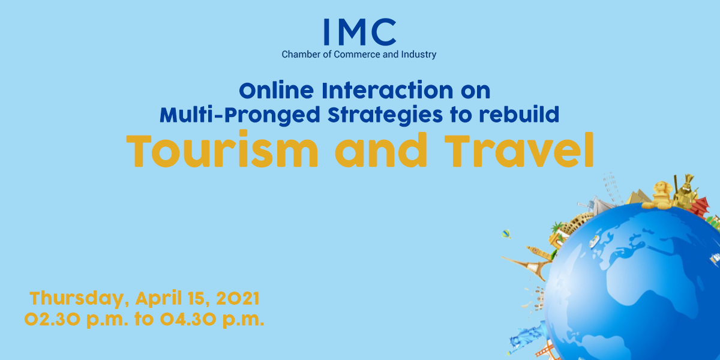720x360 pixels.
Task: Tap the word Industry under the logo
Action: tap(419, 55)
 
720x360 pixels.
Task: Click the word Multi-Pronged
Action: tap(240, 115)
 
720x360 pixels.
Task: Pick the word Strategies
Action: tap(385, 115)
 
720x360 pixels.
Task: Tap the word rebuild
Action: tap(519, 114)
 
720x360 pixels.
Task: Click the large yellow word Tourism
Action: tap(222, 150)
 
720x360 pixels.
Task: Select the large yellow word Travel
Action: tap(519, 150)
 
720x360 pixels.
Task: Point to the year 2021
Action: tap(238, 298)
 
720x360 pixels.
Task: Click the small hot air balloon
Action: tap(506, 234)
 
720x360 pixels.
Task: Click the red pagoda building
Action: tap(700, 206)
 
